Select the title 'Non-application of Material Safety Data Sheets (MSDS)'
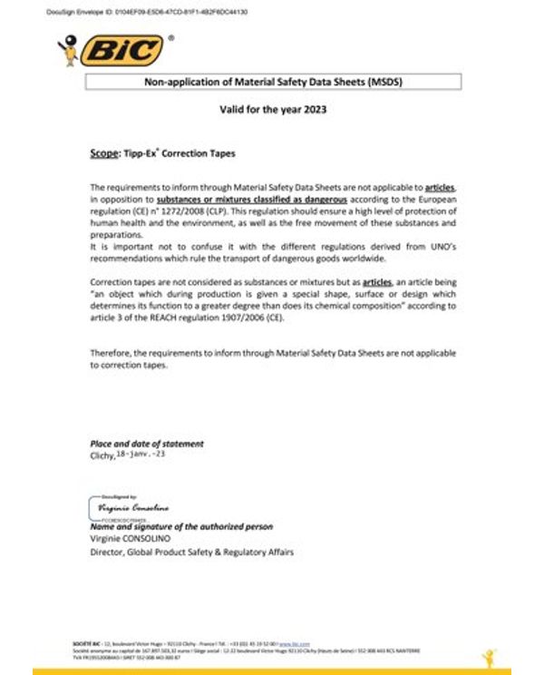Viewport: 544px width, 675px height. (273, 82)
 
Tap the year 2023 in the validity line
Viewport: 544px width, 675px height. (310, 110)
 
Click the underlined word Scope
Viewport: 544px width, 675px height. (104, 154)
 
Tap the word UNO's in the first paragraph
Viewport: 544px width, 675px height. (434, 247)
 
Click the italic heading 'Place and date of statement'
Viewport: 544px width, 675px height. (147, 444)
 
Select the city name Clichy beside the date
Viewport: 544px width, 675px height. (102, 456)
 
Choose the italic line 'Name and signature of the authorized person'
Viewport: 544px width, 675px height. (181, 527)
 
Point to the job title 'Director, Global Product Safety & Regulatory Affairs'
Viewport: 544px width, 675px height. (192, 552)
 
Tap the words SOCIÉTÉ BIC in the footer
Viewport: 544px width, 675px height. (88, 643)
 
